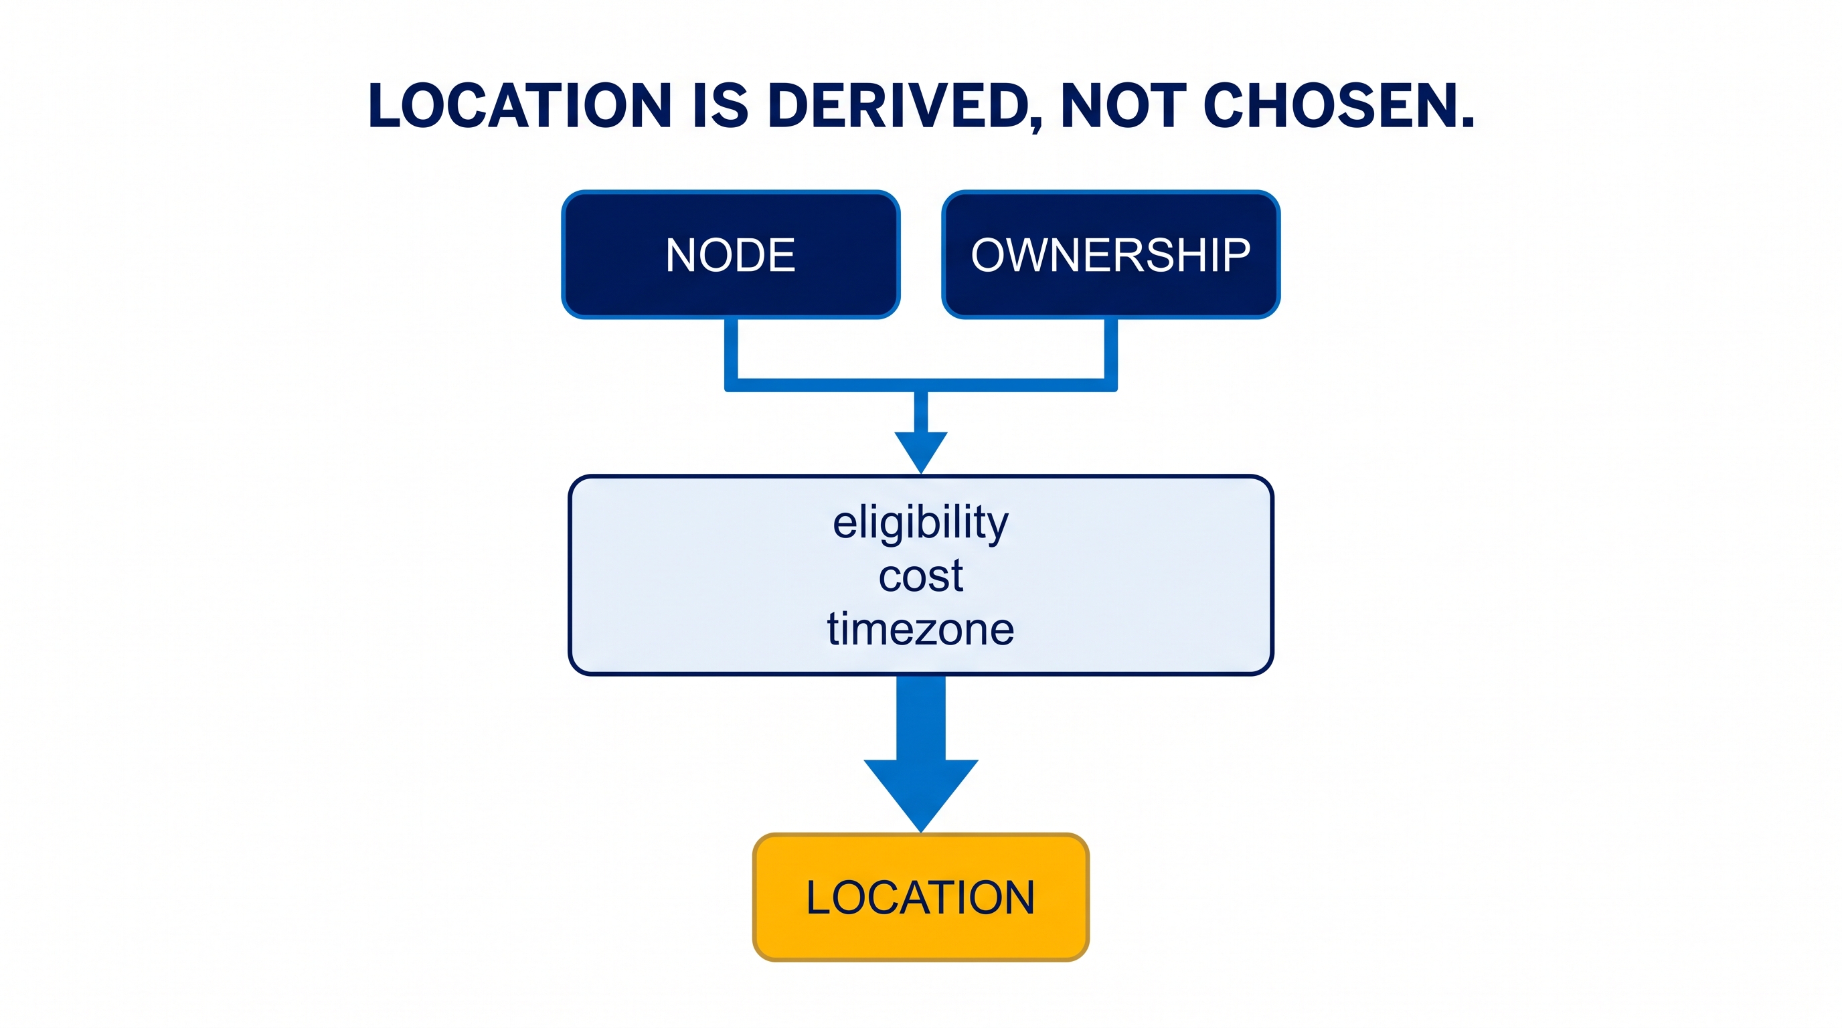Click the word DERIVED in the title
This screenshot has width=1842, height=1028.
coord(898,106)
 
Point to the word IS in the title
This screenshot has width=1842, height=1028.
coord(720,106)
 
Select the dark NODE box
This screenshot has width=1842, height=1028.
coord(731,254)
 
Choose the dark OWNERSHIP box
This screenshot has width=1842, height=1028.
coord(1111,254)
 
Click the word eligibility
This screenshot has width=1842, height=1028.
coord(921,523)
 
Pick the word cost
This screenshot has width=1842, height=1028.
coord(921,576)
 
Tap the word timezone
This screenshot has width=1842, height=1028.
coord(921,629)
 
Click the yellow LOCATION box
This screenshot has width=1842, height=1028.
coord(921,897)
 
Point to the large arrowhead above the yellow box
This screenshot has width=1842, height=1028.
coord(921,790)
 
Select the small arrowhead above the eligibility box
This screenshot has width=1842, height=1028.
coord(921,449)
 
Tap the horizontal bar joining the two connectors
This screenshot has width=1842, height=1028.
coord(921,385)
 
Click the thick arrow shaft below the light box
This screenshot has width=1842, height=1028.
coord(921,717)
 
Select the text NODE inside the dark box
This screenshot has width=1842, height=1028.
coord(731,254)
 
